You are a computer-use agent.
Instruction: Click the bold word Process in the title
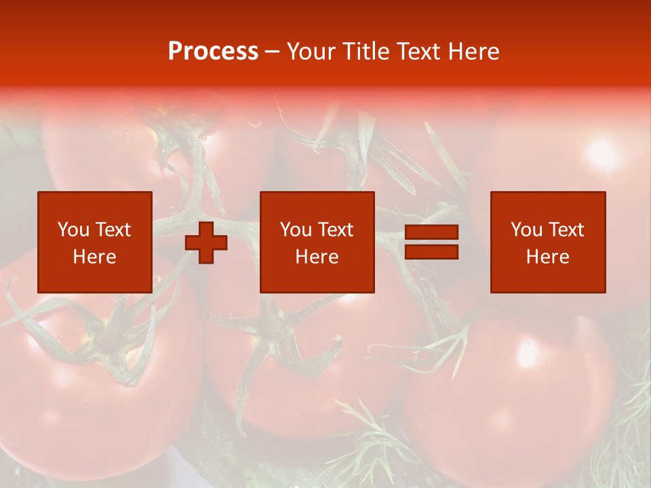click(x=213, y=52)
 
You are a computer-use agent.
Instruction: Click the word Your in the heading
click(x=311, y=52)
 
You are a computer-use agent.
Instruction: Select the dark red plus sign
click(x=206, y=243)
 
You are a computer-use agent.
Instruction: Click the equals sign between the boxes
click(x=431, y=242)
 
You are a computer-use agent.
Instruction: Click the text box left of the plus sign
click(x=95, y=242)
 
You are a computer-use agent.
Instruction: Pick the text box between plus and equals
click(x=317, y=242)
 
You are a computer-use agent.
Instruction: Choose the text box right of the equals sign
click(x=548, y=242)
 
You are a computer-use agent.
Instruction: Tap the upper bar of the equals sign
click(x=431, y=232)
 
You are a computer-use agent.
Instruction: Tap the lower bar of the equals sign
click(x=431, y=251)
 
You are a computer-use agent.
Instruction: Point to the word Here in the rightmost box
click(x=548, y=257)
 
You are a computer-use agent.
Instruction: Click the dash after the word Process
click(x=273, y=52)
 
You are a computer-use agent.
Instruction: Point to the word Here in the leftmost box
click(x=95, y=257)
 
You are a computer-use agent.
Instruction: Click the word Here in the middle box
click(x=317, y=257)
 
